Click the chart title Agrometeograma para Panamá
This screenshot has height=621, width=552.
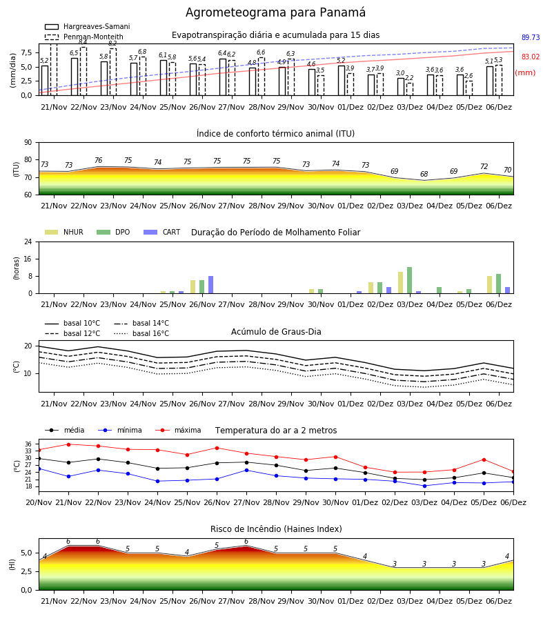[x=275, y=12]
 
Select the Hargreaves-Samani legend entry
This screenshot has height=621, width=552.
[x=87, y=26]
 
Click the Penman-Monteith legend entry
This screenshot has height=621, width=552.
[x=84, y=37]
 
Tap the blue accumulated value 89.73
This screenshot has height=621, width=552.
[x=531, y=38]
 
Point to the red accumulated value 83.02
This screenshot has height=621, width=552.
[x=531, y=57]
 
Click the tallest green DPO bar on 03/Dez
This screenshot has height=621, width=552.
[x=409, y=280]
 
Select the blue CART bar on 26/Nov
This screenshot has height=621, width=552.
[x=210, y=285]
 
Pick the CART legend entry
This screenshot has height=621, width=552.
[x=162, y=232]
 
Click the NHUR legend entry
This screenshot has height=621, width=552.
[x=64, y=232]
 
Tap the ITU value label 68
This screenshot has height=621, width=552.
[x=424, y=175]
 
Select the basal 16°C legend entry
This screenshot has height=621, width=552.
[x=141, y=333]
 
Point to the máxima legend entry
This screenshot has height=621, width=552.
[x=178, y=430]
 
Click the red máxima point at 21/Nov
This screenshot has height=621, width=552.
[x=68, y=444]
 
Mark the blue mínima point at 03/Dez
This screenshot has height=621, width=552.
[x=424, y=486]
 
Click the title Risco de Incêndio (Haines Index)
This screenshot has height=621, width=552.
[x=276, y=529]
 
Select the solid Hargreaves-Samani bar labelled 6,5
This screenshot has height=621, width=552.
[x=75, y=77]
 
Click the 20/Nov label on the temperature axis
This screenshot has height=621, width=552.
[x=39, y=502]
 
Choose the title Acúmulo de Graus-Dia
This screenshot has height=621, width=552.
[x=276, y=332]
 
